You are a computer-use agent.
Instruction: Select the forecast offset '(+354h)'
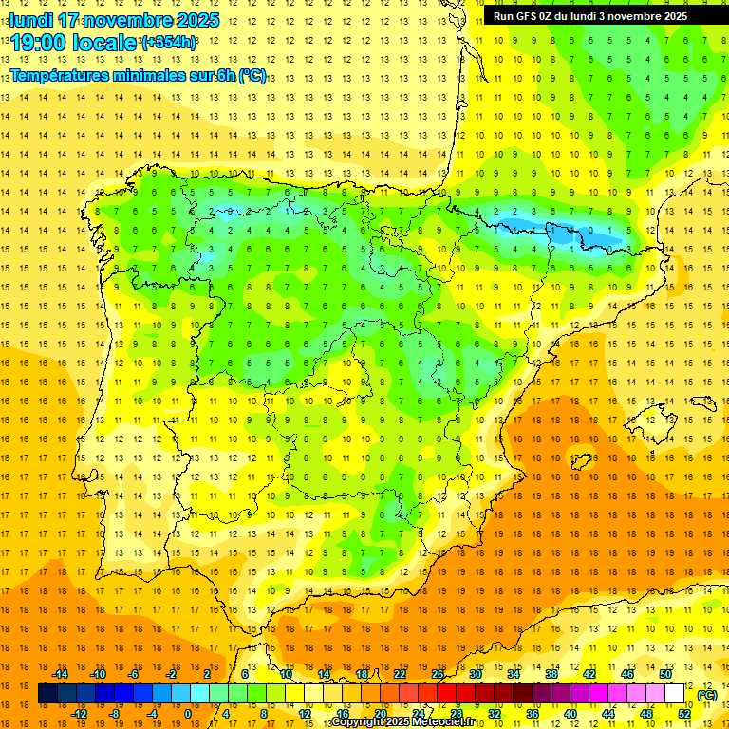coord(169,42)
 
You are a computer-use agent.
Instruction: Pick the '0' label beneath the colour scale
coord(188,714)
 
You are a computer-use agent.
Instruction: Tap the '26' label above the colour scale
coord(438,674)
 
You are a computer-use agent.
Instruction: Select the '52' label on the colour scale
coord(684,714)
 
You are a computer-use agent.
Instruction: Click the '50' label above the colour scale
coord(665,674)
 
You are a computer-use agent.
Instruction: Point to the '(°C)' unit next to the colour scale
coord(707,695)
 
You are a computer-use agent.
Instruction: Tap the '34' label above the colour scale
coord(514,674)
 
